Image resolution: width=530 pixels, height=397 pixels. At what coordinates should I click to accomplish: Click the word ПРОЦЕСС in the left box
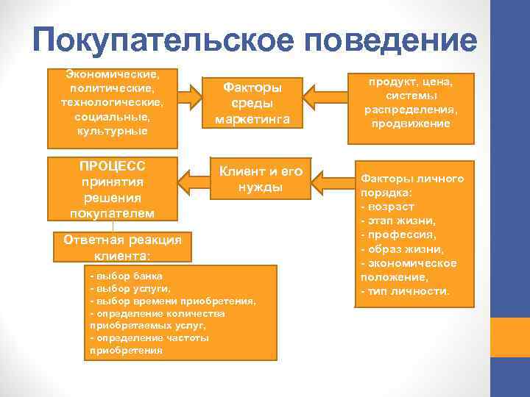(x=112, y=166)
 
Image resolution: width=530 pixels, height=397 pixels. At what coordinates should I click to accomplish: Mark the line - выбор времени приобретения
(x=172, y=301)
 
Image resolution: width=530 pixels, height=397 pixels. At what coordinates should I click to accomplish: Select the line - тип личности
(x=405, y=292)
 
